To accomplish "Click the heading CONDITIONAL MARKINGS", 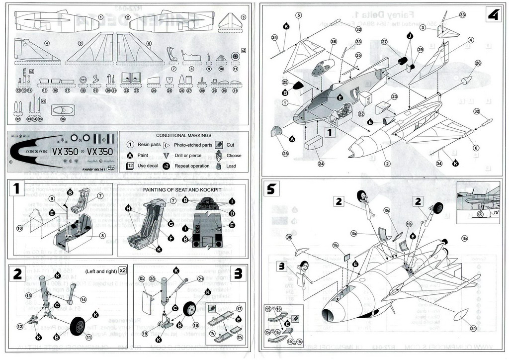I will (183, 135).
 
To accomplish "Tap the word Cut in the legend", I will (230, 145).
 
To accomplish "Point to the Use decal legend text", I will (148, 166).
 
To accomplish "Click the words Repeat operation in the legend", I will (191, 166).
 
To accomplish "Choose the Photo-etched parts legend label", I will (193, 145).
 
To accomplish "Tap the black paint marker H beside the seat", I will (128, 208).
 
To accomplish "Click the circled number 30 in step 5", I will (289, 237).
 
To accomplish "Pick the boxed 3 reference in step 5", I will (282, 266).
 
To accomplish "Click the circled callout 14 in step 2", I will (83, 299).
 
